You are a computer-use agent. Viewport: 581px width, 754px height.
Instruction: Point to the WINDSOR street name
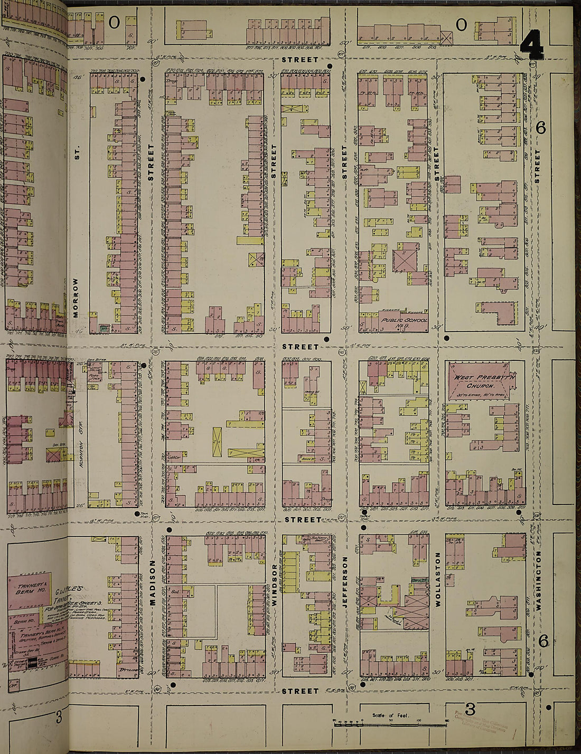pyautogui.click(x=274, y=585)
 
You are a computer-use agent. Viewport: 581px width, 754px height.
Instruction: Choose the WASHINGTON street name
pyautogui.click(x=539, y=580)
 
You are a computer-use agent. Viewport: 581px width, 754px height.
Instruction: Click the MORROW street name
pyautogui.click(x=76, y=298)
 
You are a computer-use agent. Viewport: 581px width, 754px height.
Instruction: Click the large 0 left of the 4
pyautogui.click(x=461, y=24)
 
